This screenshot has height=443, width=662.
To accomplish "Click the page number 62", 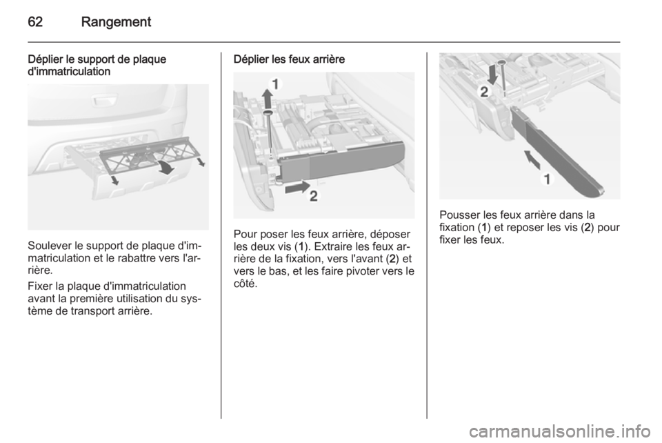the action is click(x=35, y=21).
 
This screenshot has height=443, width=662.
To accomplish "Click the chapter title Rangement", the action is click(x=116, y=22).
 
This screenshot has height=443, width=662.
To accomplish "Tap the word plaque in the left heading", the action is click(x=150, y=59).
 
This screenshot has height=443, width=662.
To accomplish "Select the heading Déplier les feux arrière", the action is click(x=289, y=59).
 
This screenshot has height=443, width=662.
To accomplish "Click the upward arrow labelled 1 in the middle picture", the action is click(x=267, y=99).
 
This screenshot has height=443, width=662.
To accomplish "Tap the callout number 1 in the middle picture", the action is click(x=275, y=84).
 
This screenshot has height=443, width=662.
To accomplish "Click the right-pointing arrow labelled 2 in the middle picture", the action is click(x=298, y=187).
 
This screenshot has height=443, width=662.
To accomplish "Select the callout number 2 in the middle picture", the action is click(x=314, y=196).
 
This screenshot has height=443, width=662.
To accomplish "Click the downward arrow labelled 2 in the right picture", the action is click(x=492, y=74).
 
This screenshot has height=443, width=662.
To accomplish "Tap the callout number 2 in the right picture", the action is click(x=484, y=92).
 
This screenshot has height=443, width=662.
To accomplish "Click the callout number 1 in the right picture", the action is click(x=547, y=179).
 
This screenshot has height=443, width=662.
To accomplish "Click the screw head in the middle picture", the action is click(x=268, y=112).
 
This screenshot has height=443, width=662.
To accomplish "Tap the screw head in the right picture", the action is click(x=502, y=62).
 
